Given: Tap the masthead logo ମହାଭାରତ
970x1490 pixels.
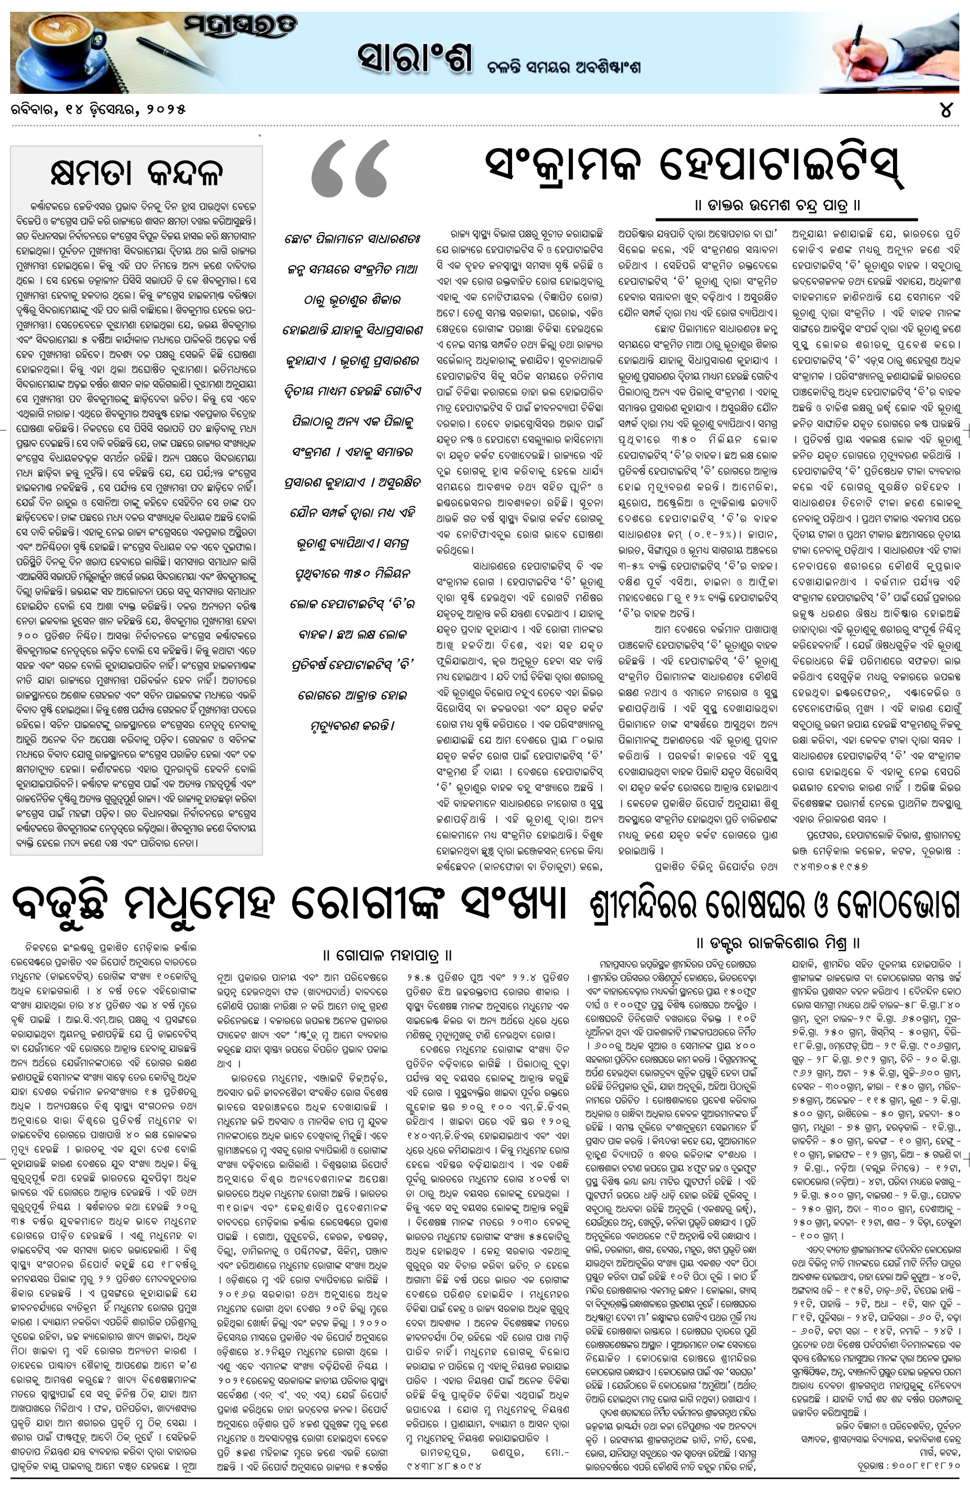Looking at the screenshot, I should click(x=241, y=27).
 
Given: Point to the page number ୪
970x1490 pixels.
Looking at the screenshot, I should click(x=946, y=110).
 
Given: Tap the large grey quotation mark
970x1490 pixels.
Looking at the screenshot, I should click(x=349, y=169).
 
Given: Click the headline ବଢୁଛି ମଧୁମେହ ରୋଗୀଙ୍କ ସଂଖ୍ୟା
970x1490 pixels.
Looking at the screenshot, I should click(x=289, y=904).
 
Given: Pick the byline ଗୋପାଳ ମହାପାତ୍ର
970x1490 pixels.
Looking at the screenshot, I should click(x=387, y=955).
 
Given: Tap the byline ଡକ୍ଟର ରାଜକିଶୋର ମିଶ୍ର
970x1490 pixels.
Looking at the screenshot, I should click(x=777, y=942).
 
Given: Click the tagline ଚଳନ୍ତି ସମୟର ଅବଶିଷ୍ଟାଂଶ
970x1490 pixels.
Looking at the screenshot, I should click(x=564, y=67).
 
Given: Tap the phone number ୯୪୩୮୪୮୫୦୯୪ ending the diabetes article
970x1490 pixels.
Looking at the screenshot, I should click(x=445, y=1467).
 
